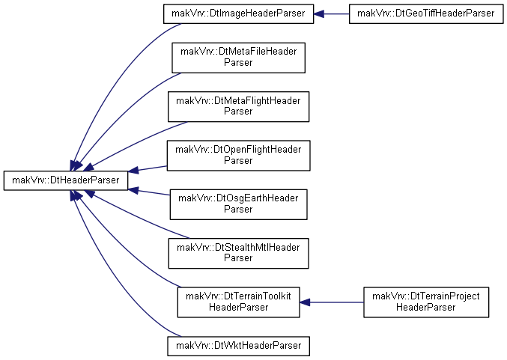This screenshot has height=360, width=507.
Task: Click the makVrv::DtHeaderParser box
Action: tap(66, 180)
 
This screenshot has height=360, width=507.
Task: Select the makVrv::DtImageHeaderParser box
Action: tap(238, 14)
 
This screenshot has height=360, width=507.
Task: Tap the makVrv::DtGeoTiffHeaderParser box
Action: tap(426, 14)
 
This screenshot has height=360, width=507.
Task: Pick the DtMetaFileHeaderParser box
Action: tap(238, 58)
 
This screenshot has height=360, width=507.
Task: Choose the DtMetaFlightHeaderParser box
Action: tap(238, 106)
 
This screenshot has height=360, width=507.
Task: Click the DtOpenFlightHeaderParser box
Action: tap(238, 156)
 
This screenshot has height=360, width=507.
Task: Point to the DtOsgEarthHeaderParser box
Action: tap(238, 204)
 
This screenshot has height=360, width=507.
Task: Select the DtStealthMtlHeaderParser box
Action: tap(238, 254)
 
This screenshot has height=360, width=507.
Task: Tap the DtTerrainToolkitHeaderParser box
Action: tap(238, 302)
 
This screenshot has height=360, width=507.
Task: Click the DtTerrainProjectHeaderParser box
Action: tap(426, 302)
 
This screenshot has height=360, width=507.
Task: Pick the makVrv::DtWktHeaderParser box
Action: tap(238, 347)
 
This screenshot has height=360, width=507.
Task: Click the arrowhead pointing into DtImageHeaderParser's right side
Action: tap(318, 14)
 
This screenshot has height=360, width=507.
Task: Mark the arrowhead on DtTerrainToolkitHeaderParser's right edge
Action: tap(305, 302)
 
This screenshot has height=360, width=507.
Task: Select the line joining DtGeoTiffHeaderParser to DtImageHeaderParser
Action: tap(336, 14)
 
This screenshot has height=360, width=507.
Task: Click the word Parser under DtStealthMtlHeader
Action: tap(238, 258)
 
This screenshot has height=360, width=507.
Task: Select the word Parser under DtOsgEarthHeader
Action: tap(238, 210)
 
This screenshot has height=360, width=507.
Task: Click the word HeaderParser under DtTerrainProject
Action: tap(426, 307)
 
